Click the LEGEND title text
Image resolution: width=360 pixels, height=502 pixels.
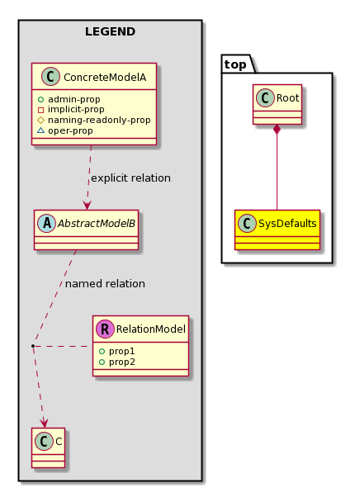(110, 31)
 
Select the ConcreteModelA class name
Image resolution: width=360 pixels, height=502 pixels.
(105, 77)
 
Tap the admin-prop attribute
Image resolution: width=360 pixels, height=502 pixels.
(74, 99)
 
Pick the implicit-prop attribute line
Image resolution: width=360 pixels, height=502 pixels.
(76, 110)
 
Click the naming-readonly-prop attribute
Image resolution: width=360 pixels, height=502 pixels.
(99, 120)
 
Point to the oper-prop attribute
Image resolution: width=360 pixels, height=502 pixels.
(70, 130)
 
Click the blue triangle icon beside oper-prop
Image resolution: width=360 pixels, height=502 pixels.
(40, 130)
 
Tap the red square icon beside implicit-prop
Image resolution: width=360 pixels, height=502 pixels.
(40, 110)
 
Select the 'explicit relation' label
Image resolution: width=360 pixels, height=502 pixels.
(130, 178)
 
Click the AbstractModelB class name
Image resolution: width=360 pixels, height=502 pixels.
(97, 224)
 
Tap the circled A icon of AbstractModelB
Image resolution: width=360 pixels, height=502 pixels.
(47, 223)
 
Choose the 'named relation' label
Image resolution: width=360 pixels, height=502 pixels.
(105, 284)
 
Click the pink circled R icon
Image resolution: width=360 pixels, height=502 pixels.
(105, 329)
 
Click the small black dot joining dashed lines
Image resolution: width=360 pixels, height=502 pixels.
(33, 346)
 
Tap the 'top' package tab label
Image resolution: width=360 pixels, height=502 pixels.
(235, 64)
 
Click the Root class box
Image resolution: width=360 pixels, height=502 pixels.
(277, 104)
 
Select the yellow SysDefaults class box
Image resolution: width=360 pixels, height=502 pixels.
(277, 230)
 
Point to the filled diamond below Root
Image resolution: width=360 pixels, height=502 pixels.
(277, 130)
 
